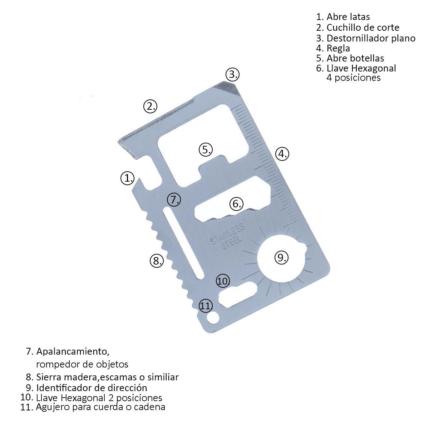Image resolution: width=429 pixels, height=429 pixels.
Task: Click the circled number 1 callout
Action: pos(127,178)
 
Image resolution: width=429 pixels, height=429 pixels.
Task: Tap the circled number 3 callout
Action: pos(232,74)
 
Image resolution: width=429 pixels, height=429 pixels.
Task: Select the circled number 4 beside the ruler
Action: pos(282,154)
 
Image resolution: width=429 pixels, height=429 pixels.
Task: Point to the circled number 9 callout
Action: pos(281,257)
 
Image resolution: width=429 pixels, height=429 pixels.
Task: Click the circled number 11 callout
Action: pos(206,306)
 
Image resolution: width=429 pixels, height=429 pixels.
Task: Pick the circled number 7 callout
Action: pos(174,199)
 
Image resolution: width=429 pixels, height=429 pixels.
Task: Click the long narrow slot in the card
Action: pos(184,243)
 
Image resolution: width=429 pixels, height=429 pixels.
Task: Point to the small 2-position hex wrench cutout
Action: pos(238,295)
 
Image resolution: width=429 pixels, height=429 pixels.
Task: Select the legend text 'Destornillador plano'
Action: pos(371,38)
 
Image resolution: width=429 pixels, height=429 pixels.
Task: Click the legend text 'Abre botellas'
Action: pos(355,58)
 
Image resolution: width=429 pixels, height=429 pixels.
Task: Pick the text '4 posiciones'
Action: pos(353,78)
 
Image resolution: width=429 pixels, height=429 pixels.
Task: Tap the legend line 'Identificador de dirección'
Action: pos(92,388)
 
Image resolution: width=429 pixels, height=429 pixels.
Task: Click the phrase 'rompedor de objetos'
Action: pos(82,364)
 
